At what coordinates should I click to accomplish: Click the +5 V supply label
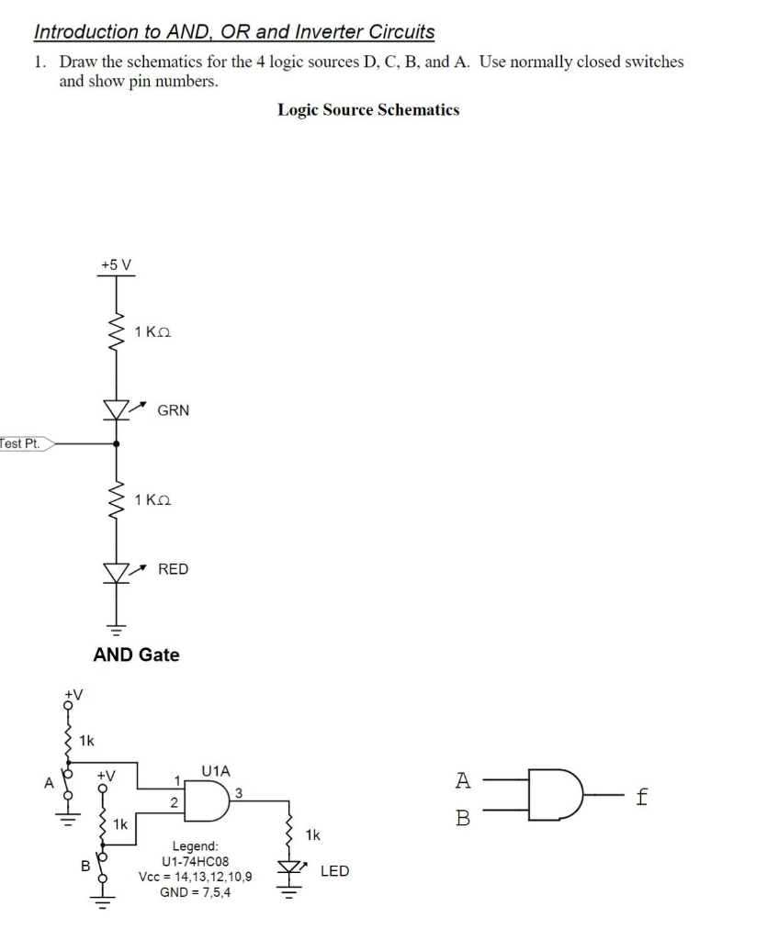tap(116, 264)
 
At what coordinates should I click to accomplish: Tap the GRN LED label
tap(173, 410)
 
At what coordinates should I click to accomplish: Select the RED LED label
tap(173, 569)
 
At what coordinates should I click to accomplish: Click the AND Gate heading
tap(137, 655)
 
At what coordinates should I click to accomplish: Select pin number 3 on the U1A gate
tap(239, 791)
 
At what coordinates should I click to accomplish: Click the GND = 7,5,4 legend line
tap(195, 892)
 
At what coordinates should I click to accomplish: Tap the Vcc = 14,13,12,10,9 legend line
tap(195, 878)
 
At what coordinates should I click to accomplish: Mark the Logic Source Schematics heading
tap(368, 110)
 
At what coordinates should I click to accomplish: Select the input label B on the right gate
tap(462, 817)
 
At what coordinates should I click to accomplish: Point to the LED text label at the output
tap(334, 870)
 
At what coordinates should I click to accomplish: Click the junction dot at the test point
tap(116, 443)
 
